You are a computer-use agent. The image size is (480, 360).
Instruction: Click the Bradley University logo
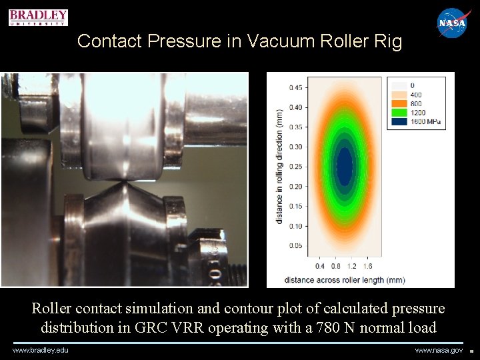click(x=38, y=17)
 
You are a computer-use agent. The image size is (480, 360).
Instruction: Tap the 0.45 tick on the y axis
click(x=294, y=87)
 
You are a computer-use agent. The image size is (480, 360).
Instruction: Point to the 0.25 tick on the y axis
click(x=294, y=167)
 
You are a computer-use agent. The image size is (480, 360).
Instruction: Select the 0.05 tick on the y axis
click(x=294, y=246)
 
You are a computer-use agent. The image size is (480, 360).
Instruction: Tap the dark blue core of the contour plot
click(x=344, y=167)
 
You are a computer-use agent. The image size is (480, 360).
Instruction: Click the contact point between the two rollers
click(x=127, y=181)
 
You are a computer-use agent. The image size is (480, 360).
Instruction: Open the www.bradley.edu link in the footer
click(x=41, y=350)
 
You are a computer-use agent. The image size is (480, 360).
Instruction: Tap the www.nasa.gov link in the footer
click(x=439, y=350)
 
